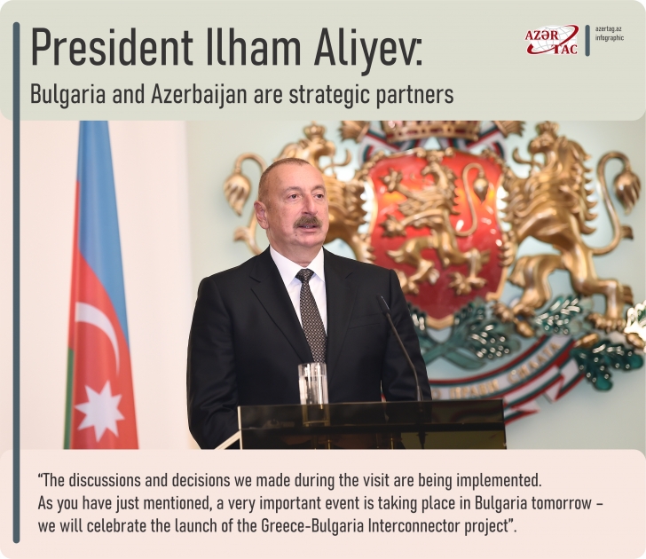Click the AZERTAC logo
pyautogui.click(x=551, y=40)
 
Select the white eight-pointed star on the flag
pyautogui.click(x=99, y=410)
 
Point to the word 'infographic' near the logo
pyautogui.click(x=610, y=39)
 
